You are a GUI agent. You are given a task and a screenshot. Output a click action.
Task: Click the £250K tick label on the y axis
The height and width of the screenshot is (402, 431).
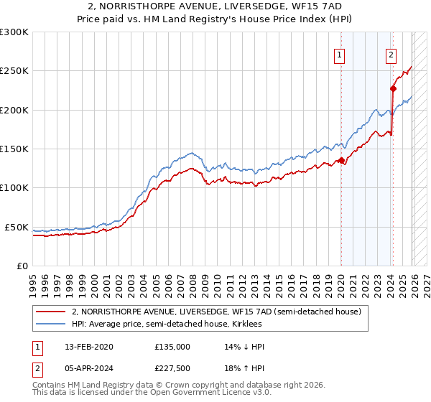pyautogui.click(x=14, y=71)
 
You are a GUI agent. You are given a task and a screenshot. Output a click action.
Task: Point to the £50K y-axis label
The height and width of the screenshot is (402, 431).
pyautogui.click(x=17, y=227)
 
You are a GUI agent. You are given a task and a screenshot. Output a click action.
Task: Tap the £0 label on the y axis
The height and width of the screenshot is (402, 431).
pyautogui.click(x=22, y=266)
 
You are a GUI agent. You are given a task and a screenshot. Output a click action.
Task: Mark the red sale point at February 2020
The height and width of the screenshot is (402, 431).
pyautogui.click(x=340, y=161)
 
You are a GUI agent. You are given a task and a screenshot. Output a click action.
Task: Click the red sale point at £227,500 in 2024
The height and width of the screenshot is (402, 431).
pyautogui.click(x=393, y=89)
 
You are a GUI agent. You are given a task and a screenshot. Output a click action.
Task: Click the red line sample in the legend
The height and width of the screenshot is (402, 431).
pyautogui.click(x=51, y=312)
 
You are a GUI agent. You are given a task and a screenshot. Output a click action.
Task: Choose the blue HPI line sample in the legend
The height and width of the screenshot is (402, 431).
pyautogui.click(x=51, y=324)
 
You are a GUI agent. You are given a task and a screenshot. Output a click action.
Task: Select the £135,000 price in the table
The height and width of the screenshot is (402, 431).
pyautogui.click(x=172, y=347)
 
